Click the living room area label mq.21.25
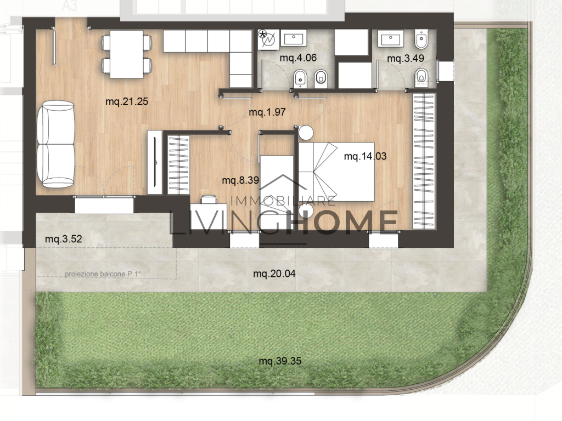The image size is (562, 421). tap(127, 101)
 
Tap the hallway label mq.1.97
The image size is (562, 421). tap(267, 112)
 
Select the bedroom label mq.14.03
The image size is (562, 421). tap(365, 156)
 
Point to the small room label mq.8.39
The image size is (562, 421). tap(240, 180)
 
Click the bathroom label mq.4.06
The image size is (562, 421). tap(298, 58)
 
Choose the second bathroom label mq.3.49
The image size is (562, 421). tap(406, 58)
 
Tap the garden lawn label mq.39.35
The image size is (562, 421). tap(280, 361)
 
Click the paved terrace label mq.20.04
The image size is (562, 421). tap(274, 274)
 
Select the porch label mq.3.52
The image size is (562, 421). tap(64, 239)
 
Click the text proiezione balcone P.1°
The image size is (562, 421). tap(103, 274)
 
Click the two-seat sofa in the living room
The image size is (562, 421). tap(55, 144)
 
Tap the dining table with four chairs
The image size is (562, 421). tap(127, 54)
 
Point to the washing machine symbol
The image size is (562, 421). tap(268, 39)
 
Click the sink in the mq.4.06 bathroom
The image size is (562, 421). tap(294, 38)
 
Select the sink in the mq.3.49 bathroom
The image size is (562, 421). tap(390, 38)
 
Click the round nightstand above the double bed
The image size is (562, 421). tap(306, 133)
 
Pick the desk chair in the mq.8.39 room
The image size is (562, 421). tap(209, 199)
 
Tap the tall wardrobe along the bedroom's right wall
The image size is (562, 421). tap(424, 161)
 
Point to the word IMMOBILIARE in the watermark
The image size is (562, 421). tap(283, 201)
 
